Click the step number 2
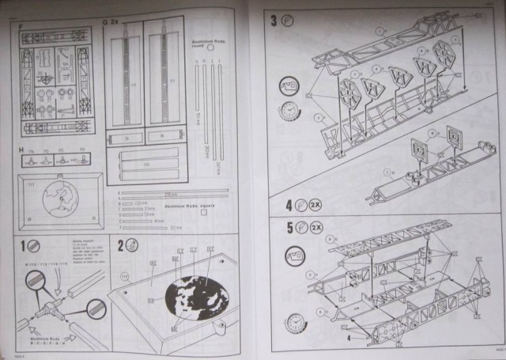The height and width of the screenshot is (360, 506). [121, 246]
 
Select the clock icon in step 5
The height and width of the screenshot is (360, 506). [294, 322]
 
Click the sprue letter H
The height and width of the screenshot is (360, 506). [21, 150]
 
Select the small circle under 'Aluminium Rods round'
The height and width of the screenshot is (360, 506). [211, 47]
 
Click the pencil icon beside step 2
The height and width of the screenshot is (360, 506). [135, 246]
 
